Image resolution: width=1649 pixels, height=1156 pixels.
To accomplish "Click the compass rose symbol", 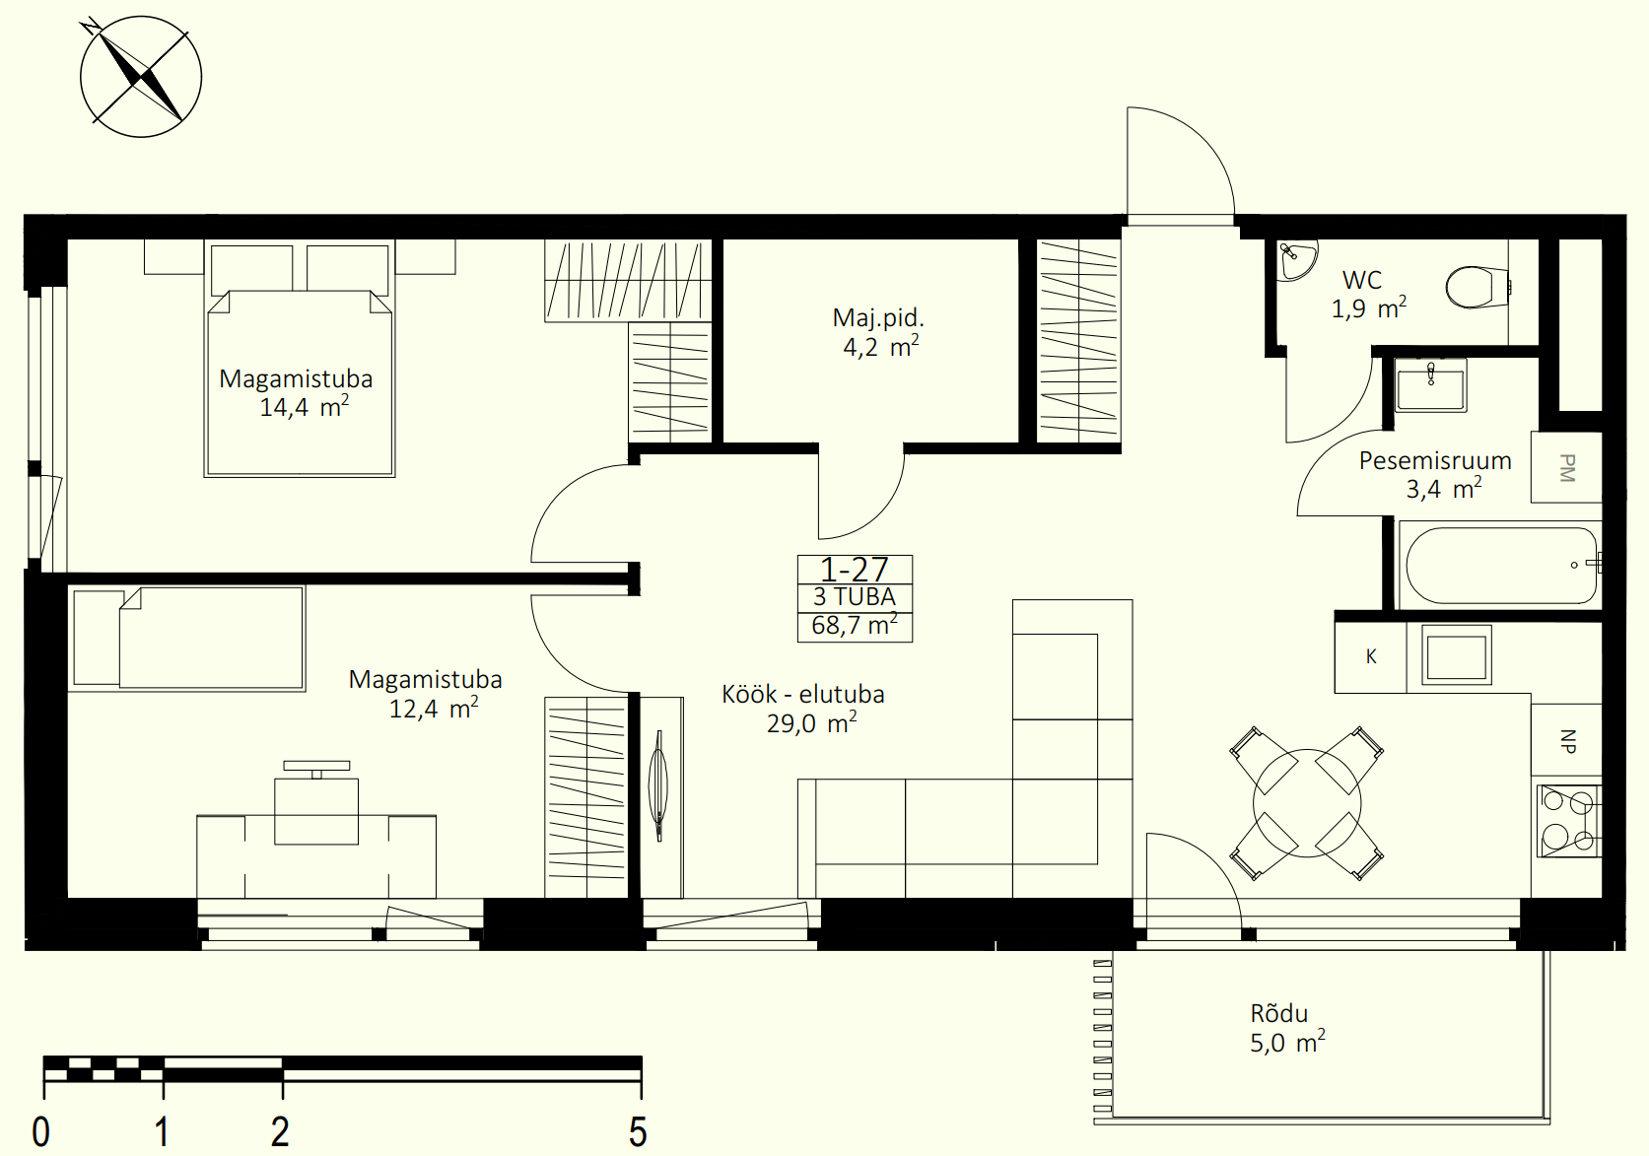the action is pos(141,77).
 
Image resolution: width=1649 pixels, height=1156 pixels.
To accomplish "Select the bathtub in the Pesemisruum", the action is pos(1501,566).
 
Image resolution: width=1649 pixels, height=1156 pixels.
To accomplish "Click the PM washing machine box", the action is pos(1566,467).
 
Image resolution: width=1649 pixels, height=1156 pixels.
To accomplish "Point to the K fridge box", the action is pos(1371,657).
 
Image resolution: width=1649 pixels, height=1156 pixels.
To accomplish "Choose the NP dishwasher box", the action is pos(1566,740).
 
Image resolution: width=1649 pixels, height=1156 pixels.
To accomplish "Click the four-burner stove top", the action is pos(1569,821).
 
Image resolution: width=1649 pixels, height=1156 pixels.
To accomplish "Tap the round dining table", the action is pos(1307,803).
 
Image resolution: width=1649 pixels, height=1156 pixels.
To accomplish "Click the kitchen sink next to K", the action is pos(1456,655).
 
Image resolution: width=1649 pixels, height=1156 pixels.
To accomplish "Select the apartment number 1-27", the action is pos(855,570).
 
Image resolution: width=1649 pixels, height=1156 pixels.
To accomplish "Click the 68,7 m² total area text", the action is pos(855,625).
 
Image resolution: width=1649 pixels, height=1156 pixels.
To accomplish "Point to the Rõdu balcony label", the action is pos(1279,1014).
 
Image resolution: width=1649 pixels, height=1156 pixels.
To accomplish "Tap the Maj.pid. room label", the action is pos(878,318).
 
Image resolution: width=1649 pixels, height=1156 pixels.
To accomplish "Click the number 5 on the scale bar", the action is pos(639,1131).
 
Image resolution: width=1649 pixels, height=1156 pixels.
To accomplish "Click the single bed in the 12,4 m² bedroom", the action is pos(188,638).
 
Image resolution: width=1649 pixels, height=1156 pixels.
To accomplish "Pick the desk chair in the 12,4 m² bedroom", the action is pos(316,803).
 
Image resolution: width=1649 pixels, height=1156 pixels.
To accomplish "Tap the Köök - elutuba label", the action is pos(803,694).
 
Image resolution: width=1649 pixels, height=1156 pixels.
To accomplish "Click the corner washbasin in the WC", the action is pos(1295,260).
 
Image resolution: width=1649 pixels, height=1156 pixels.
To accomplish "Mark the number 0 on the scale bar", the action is pos(41,1131).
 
